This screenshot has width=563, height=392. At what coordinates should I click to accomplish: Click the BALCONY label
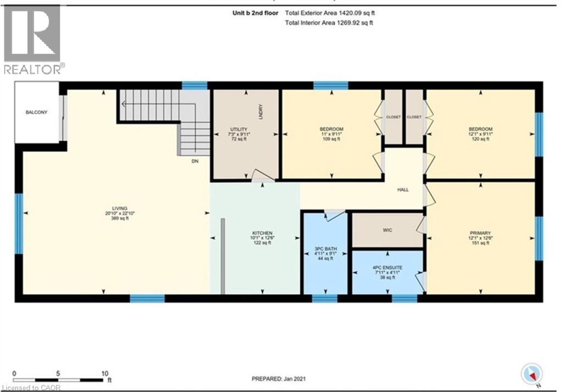[36, 113]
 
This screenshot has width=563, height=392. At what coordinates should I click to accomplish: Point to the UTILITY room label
[239, 129]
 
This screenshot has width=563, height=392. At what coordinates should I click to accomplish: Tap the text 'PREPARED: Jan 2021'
[279, 379]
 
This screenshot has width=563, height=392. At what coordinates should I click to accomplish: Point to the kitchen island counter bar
[223, 256]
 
